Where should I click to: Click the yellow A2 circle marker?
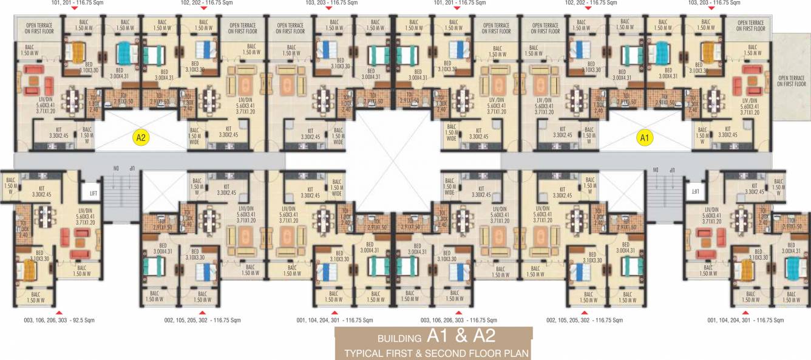click(141, 138)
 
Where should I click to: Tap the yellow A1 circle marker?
click(645, 138)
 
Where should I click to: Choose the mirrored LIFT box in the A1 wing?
click(694, 191)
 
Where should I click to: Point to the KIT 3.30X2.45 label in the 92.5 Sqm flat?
click(42, 191)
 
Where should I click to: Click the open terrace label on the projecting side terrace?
click(791, 81)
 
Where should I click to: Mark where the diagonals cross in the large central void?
click(393, 161)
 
